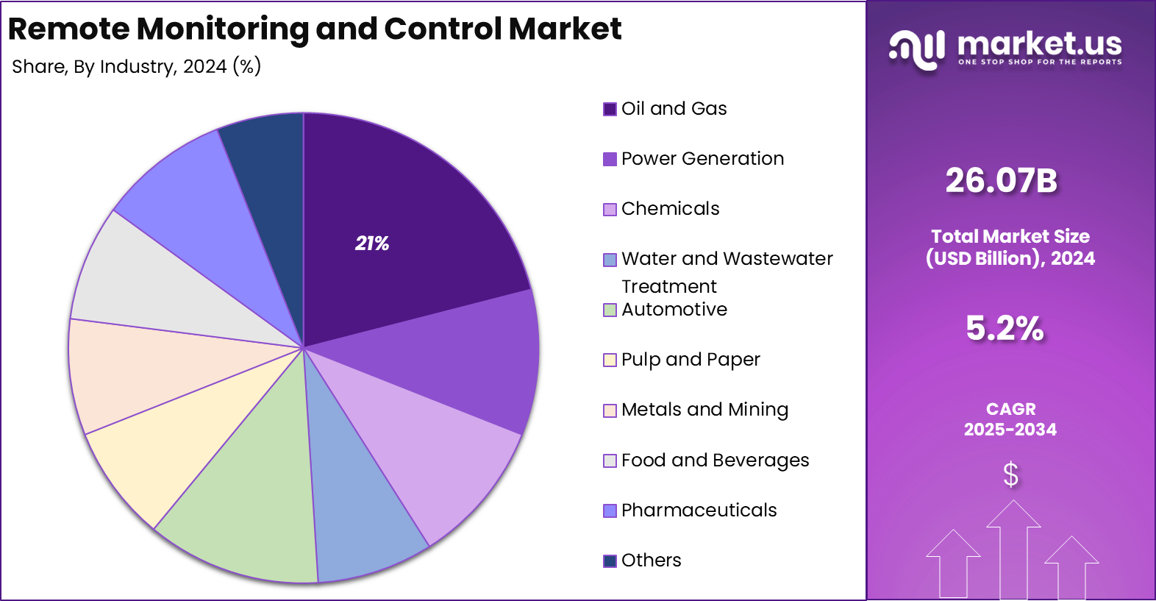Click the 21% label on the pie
click(x=372, y=243)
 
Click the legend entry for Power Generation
click(x=702, y=159)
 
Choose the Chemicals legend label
click(x=670, y=209)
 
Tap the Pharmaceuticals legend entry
click(x=699, y=511)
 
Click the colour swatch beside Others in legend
click(x=610, y=561)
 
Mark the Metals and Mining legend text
click(x=704, y=410)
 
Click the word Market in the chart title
click(x=565, y=29)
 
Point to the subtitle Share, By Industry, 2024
click(x=136, y=67)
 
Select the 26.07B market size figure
click(x=1002, y=181)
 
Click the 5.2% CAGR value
click(x=1005, y=328)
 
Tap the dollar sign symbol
click(x=1011, y=474)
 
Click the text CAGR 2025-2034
click(x=1010, y=419)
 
